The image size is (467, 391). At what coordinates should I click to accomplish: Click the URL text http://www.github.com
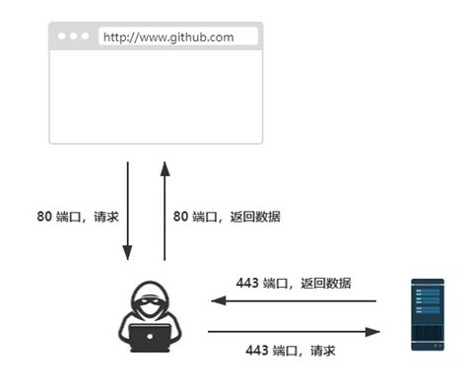(x=168, y=37)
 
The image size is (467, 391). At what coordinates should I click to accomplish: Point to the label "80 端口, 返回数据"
(x=227, y=217)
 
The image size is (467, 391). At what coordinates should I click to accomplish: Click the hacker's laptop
(x=150, y=338)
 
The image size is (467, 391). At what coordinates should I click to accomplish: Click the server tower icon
(x=428, y=316)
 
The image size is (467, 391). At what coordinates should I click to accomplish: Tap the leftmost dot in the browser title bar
(x=63, y=37)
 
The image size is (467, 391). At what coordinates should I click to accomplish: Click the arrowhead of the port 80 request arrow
(x=128, y=253)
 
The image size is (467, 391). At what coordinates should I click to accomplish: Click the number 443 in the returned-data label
(x=247, y=283)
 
